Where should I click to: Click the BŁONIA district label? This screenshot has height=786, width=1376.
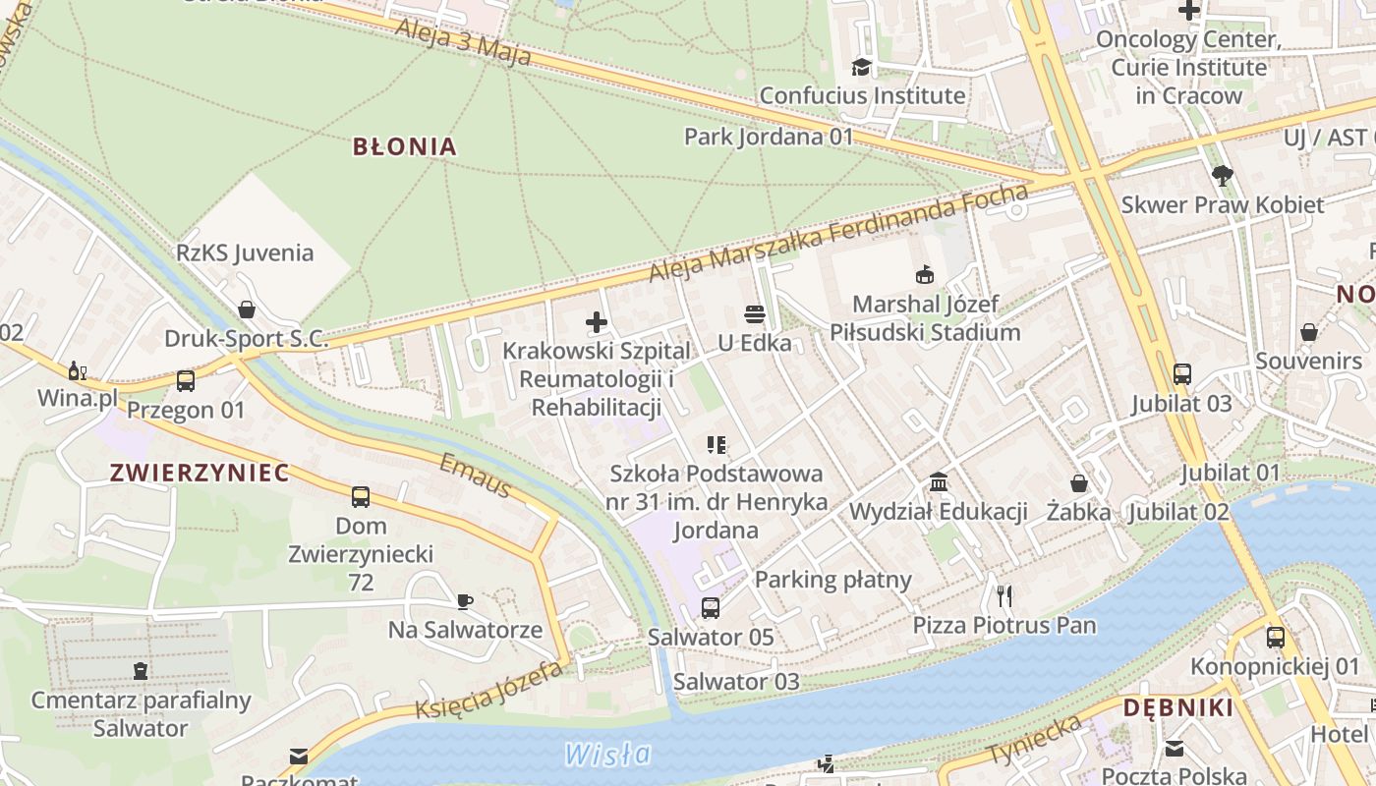point(405,147)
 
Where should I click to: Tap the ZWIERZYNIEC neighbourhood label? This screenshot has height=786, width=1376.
point(200,473)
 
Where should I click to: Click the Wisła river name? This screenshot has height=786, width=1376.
point(607,754)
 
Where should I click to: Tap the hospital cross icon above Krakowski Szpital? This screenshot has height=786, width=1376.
point(597,321)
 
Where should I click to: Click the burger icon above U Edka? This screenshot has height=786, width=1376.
point(755,314)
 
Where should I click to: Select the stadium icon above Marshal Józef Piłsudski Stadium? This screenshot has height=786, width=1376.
point(924,274)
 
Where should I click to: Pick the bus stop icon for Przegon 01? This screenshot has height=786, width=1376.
point(185,380)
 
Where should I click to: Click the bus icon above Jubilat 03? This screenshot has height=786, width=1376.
point(1181,374)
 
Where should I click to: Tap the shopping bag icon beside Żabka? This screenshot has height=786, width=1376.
point(1079,483)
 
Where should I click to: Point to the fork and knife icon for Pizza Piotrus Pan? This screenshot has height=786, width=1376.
point(1003,595)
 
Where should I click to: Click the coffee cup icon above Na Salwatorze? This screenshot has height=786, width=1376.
point(465,600)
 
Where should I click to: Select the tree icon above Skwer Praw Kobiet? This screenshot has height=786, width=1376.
point(1222,176)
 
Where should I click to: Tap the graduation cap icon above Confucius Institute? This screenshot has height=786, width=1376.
point(861,67)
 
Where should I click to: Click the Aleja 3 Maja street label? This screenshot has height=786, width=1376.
point(463,41)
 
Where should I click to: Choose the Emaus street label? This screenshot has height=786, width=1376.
point(476,476)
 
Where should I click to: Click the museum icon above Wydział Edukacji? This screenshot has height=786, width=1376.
point(939,482)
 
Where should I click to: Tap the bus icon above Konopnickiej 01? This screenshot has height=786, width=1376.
point(1275,637)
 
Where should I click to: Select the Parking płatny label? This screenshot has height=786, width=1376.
point(833,580)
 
